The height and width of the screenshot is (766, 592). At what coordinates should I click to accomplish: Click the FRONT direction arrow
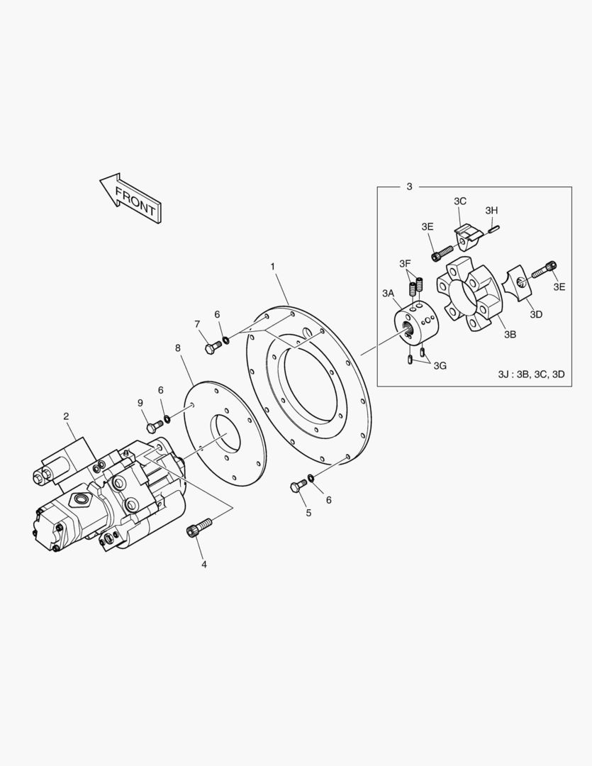(x=130, y=197)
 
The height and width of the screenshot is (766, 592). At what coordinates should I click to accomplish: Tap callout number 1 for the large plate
(x=272, y=266)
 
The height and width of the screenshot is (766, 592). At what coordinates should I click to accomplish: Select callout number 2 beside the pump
(x=66, y=416)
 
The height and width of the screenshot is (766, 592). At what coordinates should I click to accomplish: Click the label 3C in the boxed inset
(x=459, y=201)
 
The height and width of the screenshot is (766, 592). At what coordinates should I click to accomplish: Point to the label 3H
(x=491, y=210)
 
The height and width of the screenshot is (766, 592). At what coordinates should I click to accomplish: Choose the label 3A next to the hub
(x=388, y=293)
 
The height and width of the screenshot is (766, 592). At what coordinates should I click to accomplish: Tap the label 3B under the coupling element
(x=510, y=334)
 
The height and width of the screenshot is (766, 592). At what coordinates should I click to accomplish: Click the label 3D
(x=536, y=314)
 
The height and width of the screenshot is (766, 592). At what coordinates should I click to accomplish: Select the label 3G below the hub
(x=440, y=365)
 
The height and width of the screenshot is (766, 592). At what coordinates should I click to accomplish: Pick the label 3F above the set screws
(x=404, y=264)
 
